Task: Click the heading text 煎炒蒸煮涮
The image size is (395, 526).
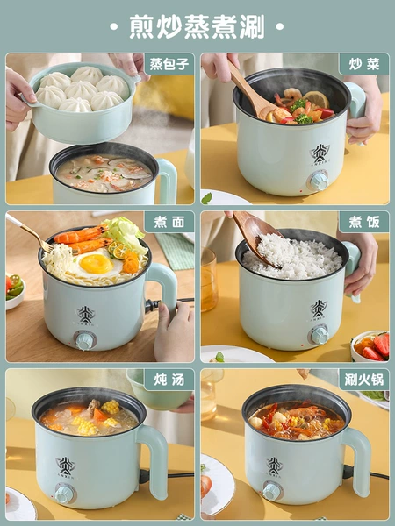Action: (x=197, y=26)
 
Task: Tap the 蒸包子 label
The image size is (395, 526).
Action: (x=169, y=64)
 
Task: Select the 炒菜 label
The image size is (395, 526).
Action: (x=364, y=64)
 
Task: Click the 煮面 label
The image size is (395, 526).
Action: (x=169, y=222)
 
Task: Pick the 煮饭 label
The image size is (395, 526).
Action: (x=364, y=222)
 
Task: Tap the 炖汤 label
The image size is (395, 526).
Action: (x=169, y=380)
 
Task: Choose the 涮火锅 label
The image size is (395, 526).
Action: (x=364, y=380)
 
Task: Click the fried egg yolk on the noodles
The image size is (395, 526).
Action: (x=96, y=264)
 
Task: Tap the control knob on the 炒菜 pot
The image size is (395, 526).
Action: (x=319, y=181)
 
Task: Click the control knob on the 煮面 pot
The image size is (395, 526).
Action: (x=84, y=340)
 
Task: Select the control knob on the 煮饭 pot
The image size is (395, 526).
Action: (x=320, y=335)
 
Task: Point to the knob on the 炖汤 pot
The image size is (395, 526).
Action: (x=64, y=494)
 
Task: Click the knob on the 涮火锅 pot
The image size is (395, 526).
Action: (x=271, y=491)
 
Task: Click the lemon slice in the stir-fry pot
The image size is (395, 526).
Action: (x=316, y=99)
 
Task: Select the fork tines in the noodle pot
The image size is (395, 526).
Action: (x=47, y=247)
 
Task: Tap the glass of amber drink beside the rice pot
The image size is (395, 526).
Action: (x=209, y=281)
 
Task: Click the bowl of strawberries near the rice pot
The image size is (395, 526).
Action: (x=370, y=346)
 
